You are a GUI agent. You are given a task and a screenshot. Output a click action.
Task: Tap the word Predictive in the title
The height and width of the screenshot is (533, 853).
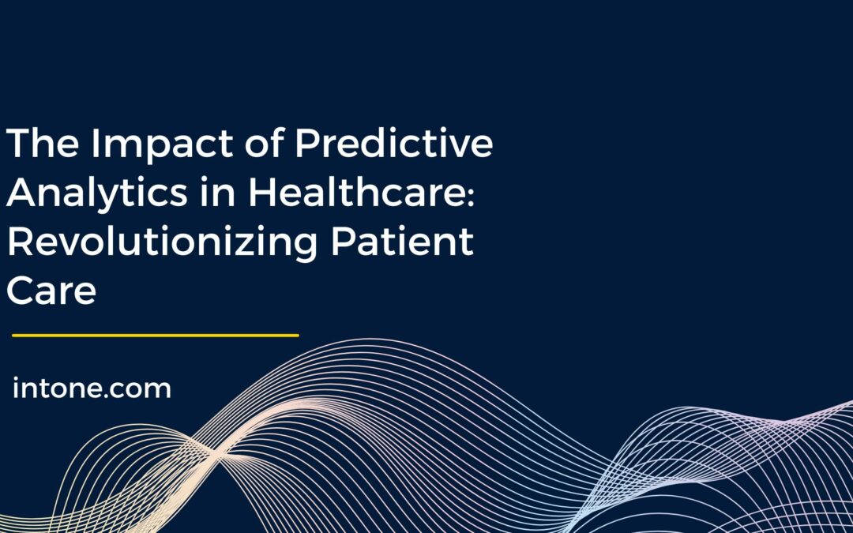[393, 145]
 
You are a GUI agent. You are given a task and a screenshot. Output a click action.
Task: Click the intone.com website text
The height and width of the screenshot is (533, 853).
[92, 388]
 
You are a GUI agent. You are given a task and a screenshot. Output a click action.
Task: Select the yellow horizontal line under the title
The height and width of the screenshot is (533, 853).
[156, 336]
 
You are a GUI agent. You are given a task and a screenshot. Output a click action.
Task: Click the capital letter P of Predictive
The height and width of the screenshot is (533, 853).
[306, 145]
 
